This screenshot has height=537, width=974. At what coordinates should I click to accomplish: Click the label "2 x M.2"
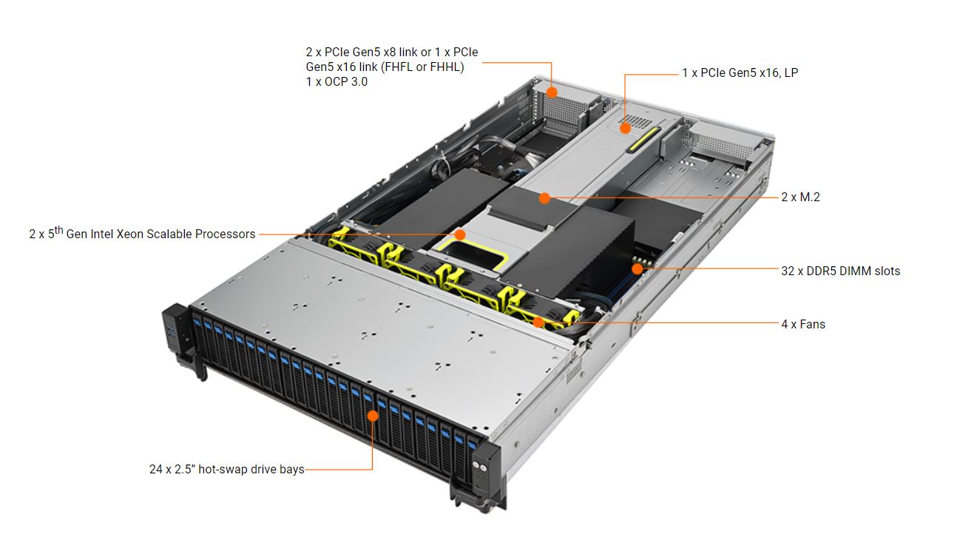pyautogui.click(x=800, y=197)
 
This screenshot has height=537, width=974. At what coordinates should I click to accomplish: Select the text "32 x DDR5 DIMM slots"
pyautogui.click(x=840, y=271)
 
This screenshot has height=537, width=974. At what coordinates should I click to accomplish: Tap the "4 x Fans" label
pyautogui.click(x=802, y=324)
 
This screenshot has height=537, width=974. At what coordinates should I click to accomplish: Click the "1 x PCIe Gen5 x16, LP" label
pyautogui.click(x=740, y=72)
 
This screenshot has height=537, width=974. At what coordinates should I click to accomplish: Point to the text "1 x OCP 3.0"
pyautogui.click(x=336, y=82)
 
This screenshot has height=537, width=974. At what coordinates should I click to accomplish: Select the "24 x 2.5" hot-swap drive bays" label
pyautogui.click(x=226, y=469)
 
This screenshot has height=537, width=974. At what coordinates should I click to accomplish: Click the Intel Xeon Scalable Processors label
pyautogui.click(x=142, y=234)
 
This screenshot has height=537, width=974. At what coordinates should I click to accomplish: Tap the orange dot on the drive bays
pyautogui.click(x=373, y=416)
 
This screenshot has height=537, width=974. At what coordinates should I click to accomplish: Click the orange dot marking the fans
pyautogui.click(x=538, y=322)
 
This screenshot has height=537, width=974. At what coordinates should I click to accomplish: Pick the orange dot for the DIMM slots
pyautogui.click(x=637, y=268)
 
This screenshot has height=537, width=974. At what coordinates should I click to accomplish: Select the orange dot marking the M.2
pyautogui.click(x=544, y=197)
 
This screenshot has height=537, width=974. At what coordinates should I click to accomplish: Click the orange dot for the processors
pyautogui.click(x=460, y=234)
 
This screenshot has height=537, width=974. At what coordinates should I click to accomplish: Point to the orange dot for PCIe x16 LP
pyautogui.click(x=625, y=128)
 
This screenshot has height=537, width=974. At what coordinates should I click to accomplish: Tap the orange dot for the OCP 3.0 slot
pyautogui.click(x=552, y=92)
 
